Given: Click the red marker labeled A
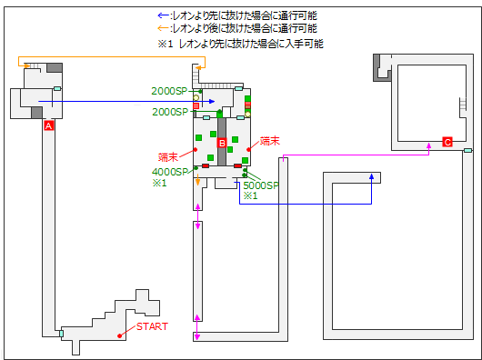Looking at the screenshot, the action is coord(49,125).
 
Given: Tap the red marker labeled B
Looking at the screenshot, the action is coord(222,143).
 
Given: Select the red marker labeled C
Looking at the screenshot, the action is coord(447,142).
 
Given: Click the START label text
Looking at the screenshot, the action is coord(152,326).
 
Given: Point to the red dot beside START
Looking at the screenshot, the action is coord(119,336).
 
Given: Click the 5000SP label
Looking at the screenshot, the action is coord(261,185).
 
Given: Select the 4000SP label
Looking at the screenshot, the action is coord(170,172).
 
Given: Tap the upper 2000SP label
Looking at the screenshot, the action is coord(169,91).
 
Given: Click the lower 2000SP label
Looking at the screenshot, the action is coord(170,112).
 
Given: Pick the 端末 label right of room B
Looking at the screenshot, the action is coord(269,141).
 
